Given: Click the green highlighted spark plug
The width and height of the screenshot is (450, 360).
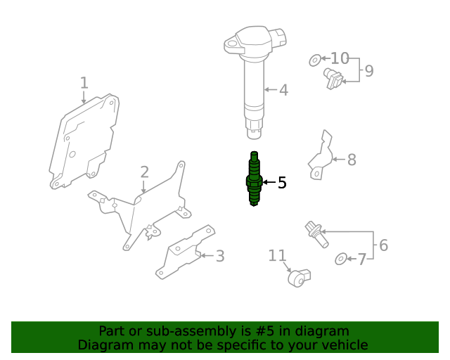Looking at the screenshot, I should click(255, 180).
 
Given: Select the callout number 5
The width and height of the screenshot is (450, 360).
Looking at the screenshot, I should click(282, 183).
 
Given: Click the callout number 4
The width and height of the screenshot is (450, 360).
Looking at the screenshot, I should click(283, 90).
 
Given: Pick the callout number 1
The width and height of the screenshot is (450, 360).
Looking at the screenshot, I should click(84, 83).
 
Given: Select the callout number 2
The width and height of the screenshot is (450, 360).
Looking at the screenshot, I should click(144, 172).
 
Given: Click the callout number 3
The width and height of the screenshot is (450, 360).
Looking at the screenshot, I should click(220, 256).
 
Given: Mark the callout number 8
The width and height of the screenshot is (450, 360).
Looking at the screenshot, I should click(352, 160).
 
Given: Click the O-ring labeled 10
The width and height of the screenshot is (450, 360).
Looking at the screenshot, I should click(314, 60).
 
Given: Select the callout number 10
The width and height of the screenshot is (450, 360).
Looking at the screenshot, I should click(340, 58).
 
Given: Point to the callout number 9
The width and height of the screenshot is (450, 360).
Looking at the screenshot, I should click(368, 70).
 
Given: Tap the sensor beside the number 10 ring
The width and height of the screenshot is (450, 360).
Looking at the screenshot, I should click(333, 79).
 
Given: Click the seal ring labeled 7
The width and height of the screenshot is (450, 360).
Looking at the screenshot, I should click(341, 259).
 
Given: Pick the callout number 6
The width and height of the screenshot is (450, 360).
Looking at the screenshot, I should click(383, 245).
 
